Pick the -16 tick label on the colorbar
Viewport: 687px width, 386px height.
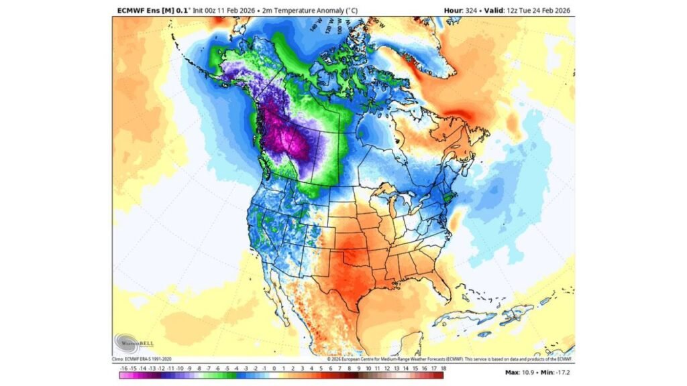point(123,367)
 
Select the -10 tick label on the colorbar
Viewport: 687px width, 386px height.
point(180,367)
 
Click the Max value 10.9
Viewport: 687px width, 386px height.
point(522,371)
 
